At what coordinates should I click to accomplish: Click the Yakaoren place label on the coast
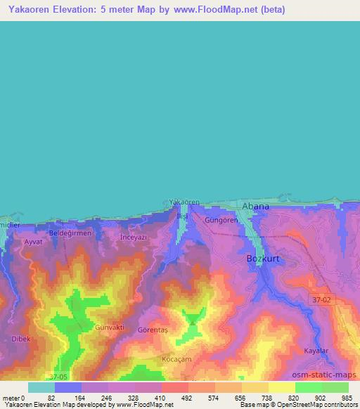pos(184,202)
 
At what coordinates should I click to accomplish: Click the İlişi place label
pos(183,214)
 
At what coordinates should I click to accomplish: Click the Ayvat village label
pos(34,242)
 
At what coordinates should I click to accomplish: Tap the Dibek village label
pos(21,338)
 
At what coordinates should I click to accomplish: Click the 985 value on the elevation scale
pos(347,398)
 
